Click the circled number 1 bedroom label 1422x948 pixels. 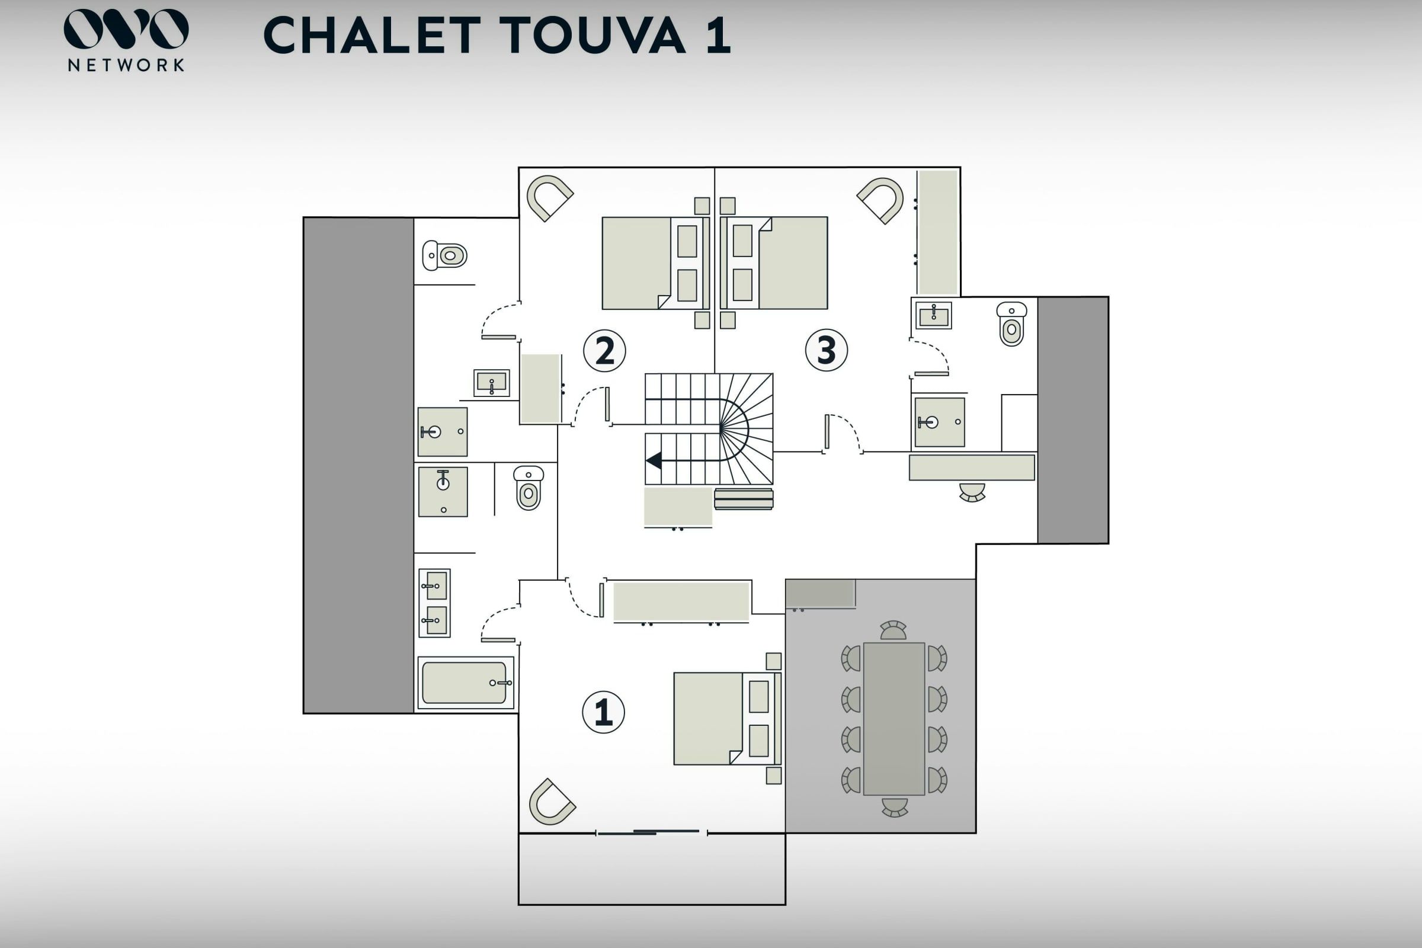[x=603, y=712]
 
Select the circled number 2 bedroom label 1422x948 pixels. [x=604, y=351]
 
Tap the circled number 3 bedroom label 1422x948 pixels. [x=826, y=350]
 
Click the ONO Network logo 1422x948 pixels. [x=126, y=40]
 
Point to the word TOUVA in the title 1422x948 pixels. [x=592, y=35]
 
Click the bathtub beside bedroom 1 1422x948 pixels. [x=465, y=683]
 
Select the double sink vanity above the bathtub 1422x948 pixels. [x=435, y=603]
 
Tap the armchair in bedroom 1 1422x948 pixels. [x=551, y=802]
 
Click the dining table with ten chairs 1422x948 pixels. [x=893, y=719]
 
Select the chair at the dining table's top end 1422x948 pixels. [x=893, y=630]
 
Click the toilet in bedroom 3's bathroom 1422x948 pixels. [x=1011, y=324]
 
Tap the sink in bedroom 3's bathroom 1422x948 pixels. [x=934, y=315]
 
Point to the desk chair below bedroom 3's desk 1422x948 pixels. [x=972, y=492]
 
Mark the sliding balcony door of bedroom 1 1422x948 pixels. [x=651, y=832]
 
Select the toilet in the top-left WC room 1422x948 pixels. [x=445, y=255]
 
